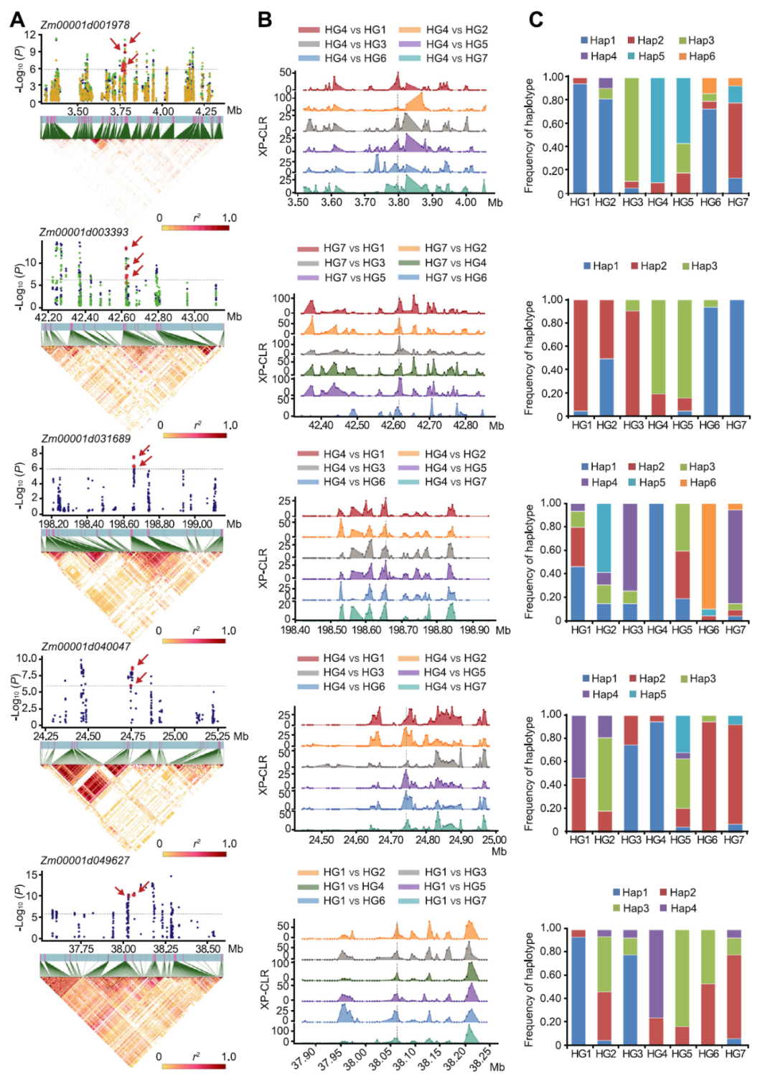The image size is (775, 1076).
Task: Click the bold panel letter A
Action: point(17,19)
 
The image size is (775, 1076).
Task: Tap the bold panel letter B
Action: point(265,19)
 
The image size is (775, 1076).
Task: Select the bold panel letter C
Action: point(535,19)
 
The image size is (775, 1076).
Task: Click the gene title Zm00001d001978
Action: point(85,25)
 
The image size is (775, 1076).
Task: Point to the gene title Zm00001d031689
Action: point(86,439)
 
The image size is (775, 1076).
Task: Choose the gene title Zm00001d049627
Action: point(85,860)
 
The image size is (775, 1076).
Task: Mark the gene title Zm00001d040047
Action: point(86,646)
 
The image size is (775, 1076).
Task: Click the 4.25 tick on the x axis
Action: point(206,111)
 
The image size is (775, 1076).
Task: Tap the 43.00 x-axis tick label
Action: point(195,317)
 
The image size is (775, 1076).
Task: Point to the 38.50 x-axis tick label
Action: point(208,948)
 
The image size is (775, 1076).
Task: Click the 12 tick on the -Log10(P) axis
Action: point(29,34)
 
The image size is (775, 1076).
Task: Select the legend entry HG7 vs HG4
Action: point(455,263)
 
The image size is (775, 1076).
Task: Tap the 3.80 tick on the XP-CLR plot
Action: point(398,202)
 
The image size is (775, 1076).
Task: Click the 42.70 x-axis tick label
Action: point(429,425)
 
